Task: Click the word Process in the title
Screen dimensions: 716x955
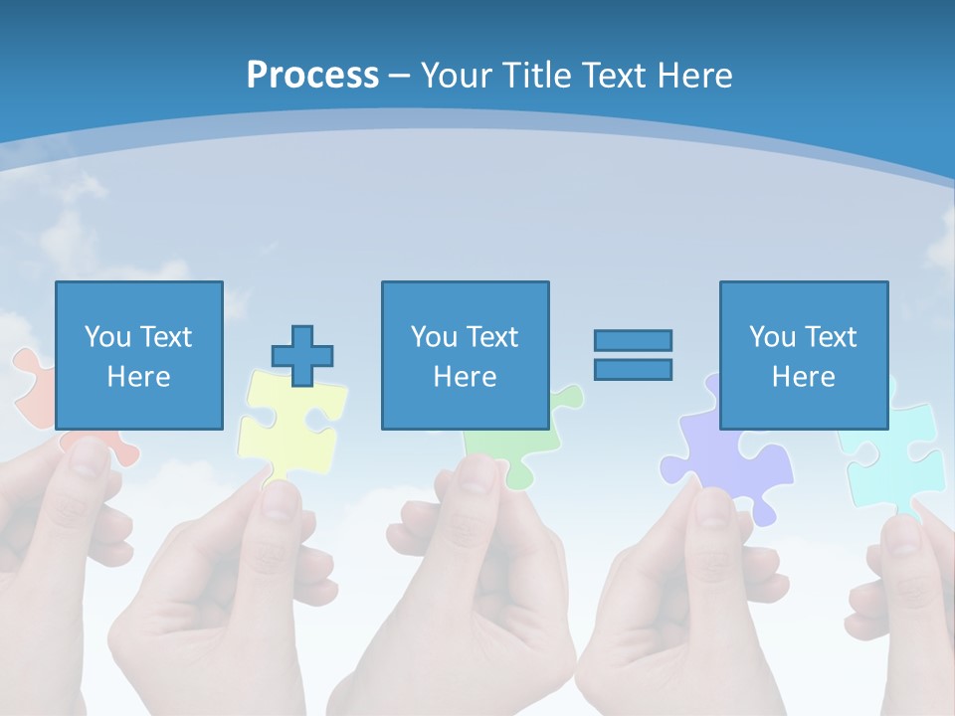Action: tap(312, 76)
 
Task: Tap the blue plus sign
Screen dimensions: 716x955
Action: tap(302, 355)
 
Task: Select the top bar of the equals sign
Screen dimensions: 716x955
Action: tap(633, 340)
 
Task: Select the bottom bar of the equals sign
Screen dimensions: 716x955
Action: tap(633, 369)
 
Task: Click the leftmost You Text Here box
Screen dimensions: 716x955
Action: tap(138, 355)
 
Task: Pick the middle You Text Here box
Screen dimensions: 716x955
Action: tap(465, 355)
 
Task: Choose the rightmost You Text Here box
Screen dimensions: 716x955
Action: tap(803, 355)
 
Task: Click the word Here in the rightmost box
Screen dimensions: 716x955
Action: tap(803, 377)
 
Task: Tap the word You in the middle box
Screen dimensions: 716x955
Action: tap(434, 337)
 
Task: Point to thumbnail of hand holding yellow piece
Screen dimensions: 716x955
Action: tap(239, 587)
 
